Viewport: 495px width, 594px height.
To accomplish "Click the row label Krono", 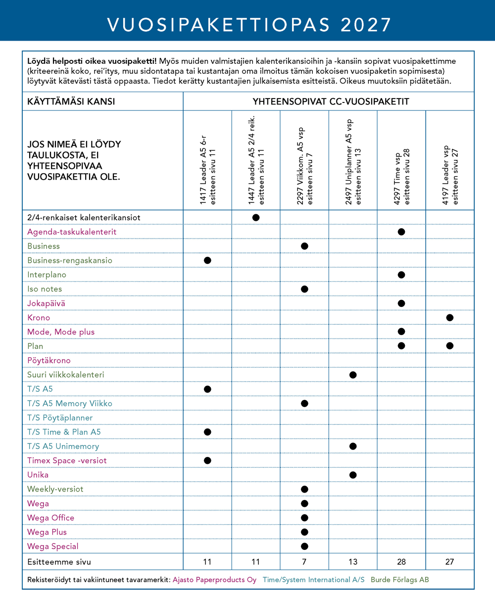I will point(39,317).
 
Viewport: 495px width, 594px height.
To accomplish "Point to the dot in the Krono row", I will point(449,317).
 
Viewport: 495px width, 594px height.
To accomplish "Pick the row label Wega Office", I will point(51,518).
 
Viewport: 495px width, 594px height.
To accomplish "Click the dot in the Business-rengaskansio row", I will point(207,260).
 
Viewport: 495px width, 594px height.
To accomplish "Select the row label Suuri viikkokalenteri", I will point(65,375).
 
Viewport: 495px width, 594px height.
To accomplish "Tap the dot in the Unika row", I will point(352,475).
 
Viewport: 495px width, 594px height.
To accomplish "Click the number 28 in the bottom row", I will point(401,562).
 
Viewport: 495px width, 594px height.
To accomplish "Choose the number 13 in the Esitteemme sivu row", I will point(352,562).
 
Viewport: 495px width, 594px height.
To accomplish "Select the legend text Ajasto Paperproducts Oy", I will point(214,579).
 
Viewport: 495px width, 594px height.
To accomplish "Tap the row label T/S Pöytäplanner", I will point(60,418).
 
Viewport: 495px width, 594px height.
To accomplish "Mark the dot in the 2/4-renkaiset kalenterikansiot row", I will point(256,217).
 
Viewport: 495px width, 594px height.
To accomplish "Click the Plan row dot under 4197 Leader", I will point(449,346).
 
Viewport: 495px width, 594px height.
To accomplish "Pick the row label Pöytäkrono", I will point(49,360).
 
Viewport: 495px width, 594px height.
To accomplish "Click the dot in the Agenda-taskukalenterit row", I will point(401,232).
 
